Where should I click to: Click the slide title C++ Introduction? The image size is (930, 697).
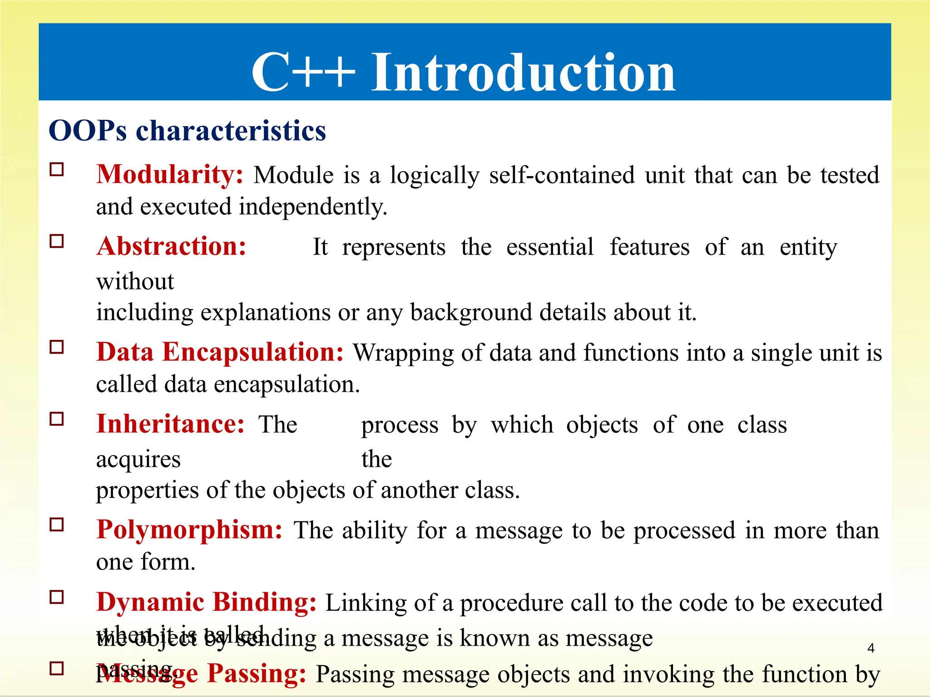(x=463, y=73)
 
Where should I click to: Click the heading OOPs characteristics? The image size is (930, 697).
(x=187, y=131)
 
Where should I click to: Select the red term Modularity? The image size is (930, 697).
(x=170, y=175)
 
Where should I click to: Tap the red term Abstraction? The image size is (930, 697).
(x=171, y=247)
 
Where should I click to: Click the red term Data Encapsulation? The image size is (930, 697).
(x=220, y=353)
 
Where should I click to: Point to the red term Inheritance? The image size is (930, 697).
(x=170, y=425)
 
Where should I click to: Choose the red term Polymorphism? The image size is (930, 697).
(x=189, y=530)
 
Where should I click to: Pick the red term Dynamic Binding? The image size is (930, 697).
(x=206, y=603)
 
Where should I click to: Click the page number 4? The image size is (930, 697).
(x=871, y=648)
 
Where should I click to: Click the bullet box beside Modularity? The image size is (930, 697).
(x=57, y=170)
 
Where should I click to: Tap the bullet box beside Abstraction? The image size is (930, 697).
(x=57, y=241)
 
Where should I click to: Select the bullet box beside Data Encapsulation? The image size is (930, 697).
(x=57, y=347)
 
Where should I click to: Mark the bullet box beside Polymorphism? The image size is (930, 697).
(x=57, y=525)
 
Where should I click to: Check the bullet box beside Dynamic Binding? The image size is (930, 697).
(x=57, y=597)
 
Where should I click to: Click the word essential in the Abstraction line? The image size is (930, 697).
(x=549, y=248)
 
